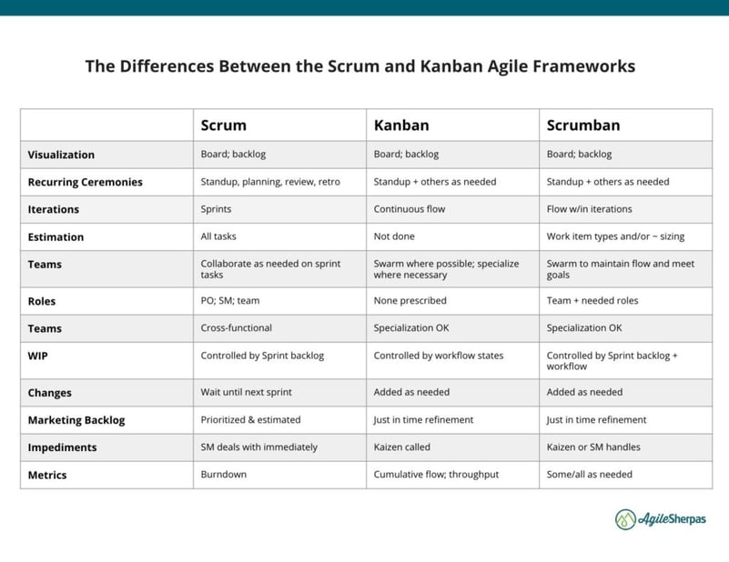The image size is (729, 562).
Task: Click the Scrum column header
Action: [224, 125]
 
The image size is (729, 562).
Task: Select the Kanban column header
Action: [401, 125]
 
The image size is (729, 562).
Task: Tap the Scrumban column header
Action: [583, 125]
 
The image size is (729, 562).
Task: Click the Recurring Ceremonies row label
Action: [85, 182]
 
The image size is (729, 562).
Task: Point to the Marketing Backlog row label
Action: [76, 420]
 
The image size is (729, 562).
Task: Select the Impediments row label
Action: [62, 447]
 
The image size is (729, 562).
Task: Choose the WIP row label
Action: [37, 356]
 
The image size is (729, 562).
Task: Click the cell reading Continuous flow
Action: [410, 209]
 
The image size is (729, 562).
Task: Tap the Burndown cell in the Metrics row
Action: [224, 474]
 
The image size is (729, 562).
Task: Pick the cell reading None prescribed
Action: [410, 300]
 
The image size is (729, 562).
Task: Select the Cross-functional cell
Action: [237, 328]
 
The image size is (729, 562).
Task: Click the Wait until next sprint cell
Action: [246, 392]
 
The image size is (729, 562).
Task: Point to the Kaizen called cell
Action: [401, 447]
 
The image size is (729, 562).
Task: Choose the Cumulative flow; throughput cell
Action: [436, 474]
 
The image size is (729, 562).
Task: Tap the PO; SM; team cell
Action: [230, 300]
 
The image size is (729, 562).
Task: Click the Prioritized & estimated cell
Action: [250, 419]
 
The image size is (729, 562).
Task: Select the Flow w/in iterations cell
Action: [589, 209]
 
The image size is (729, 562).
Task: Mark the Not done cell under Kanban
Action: [394, 236]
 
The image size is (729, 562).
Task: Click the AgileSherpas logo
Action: [660, 519]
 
